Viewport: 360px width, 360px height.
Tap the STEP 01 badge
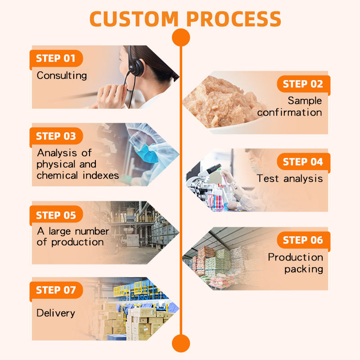pos(56,58)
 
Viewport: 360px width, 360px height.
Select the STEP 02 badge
pos(303,84)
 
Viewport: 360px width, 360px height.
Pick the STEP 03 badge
pos(56,136)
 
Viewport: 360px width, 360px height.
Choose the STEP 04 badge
pos(303,162)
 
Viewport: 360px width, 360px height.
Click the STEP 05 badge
pos(56,215)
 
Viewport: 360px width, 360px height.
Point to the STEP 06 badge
pos(303,240)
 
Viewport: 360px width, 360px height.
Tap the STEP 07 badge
pos(56,290)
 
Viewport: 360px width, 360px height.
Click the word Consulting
pos(62,75)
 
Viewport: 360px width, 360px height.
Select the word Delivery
pos(56,313)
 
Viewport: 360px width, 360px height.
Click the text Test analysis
pos(290,179)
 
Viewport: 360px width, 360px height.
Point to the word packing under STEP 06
pos(304,270)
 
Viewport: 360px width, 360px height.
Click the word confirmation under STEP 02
pos(290,112)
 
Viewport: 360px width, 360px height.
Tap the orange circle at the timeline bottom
pos(181,343)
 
